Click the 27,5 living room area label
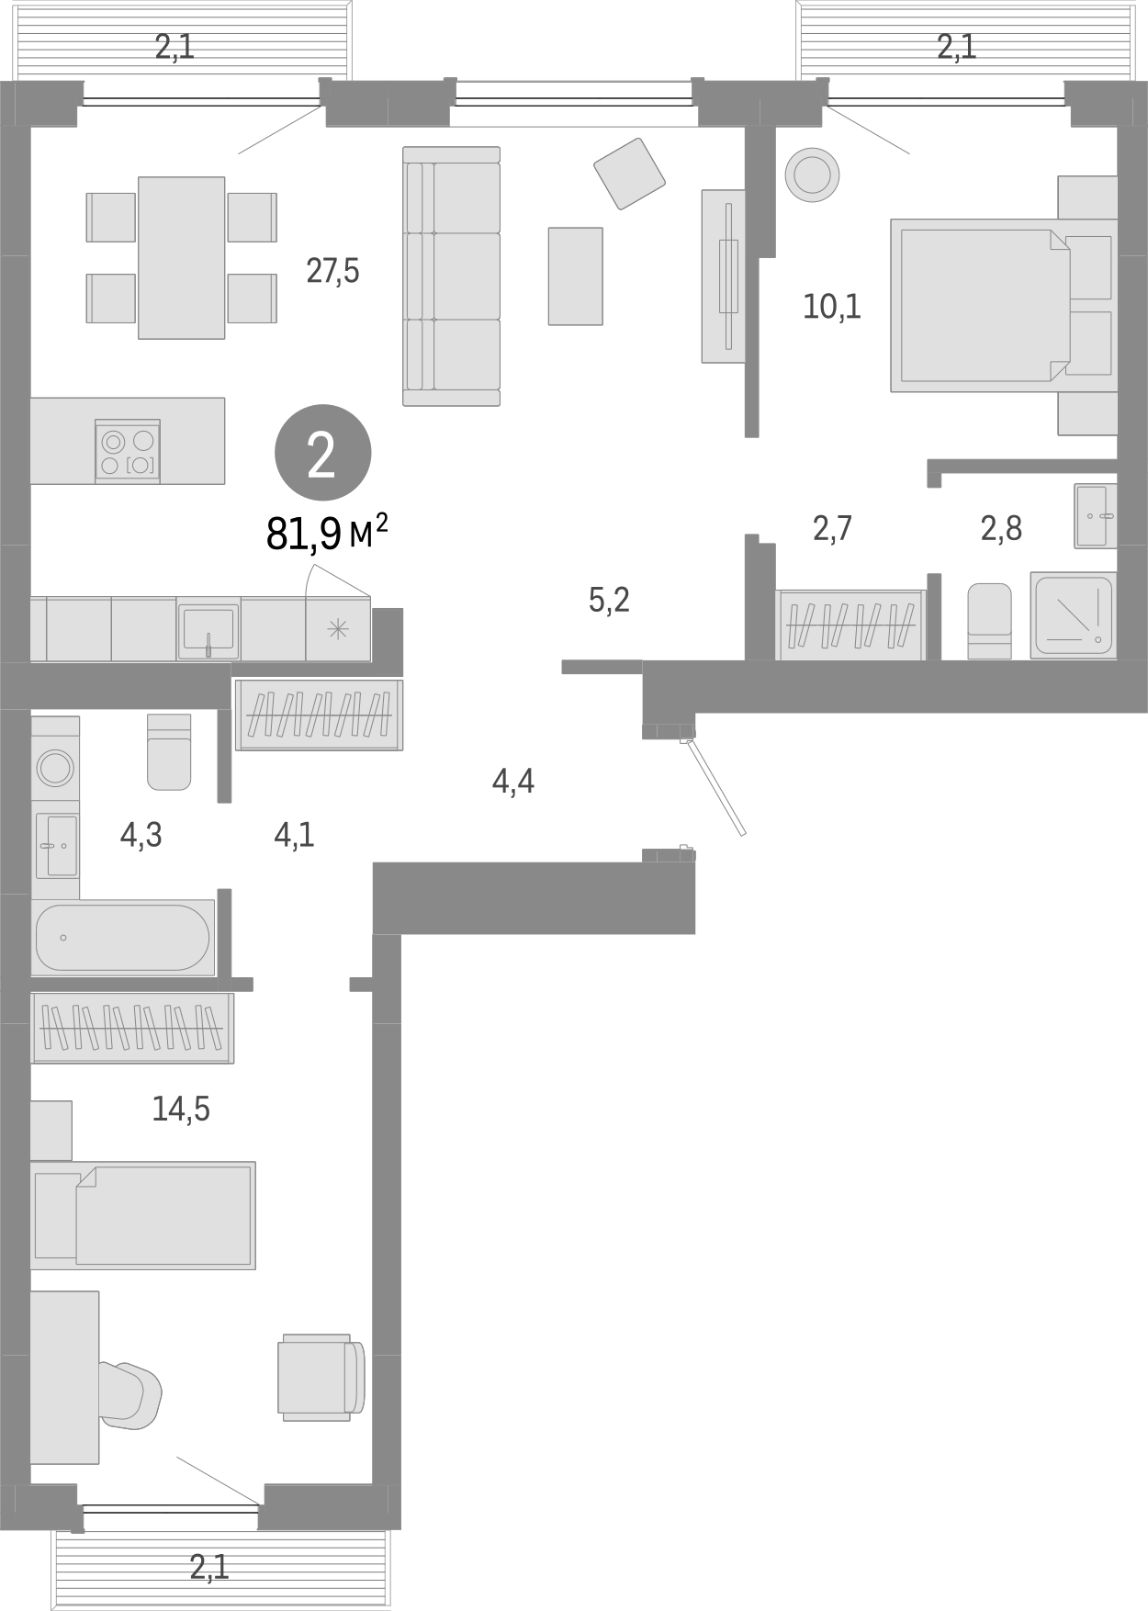[332, 272]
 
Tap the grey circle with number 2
[322, 453]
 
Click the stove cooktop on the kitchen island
[128, 452]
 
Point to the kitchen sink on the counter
[208, 629]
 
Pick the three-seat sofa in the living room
[452, 276]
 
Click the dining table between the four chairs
[182, 257]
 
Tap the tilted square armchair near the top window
[629, 172]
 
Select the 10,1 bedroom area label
[832, 307]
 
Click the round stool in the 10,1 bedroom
[812, 175]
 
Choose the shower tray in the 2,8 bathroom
[1073, 614]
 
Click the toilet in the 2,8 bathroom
[989, 620]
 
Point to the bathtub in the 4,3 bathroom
[123, 938]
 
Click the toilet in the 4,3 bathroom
[170, 751]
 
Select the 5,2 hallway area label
[609, 601]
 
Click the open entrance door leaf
[715, 787]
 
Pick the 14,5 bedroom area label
[181, 1110]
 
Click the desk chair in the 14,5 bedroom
[130, 1396]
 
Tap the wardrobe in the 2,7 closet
[850, 625]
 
